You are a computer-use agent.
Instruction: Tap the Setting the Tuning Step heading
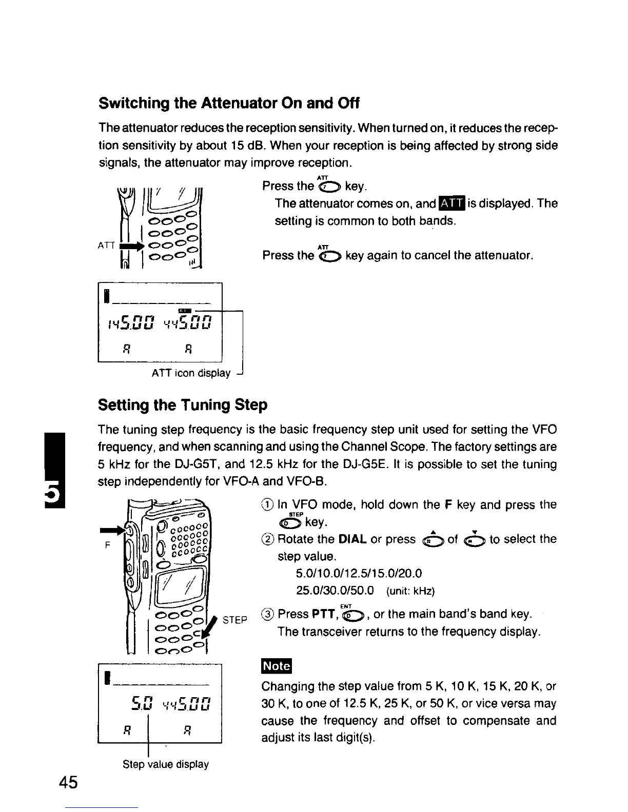click(x=183, y=405)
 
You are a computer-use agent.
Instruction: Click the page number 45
click(x=68, y=783)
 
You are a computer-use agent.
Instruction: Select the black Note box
click(x=277, y=666)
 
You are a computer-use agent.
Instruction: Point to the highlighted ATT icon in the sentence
click(x=452, y=204)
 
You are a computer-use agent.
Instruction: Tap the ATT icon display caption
click(x=191, y=373)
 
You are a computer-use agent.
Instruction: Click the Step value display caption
click(x=166, y=764)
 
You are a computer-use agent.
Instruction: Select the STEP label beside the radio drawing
click(x=235, y=620)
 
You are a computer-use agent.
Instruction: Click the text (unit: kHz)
click(x=410, y=591)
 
